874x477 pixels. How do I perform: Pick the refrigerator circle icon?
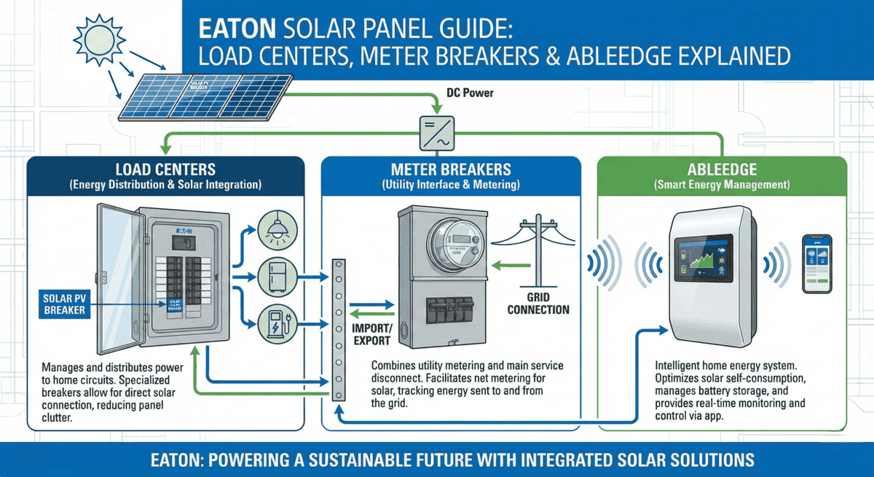tap(275, 276)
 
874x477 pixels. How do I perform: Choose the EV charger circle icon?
tap(275, 323)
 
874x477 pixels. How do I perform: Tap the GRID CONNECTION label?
tap(538, 304)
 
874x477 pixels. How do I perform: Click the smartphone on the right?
tap(816, 264)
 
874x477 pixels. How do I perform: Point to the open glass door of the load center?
tap(117, 277)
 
